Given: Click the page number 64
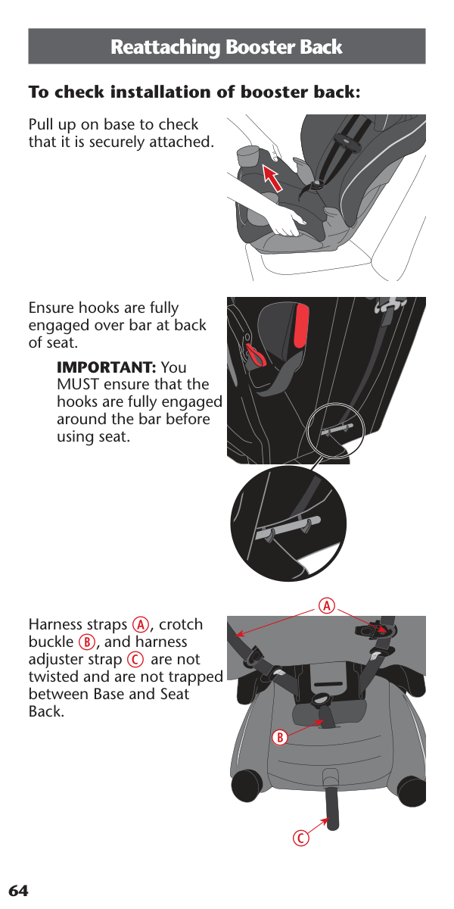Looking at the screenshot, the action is [18, 891].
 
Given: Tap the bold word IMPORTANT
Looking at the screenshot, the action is [107, 367].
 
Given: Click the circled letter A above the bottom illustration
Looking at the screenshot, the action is [327, 606].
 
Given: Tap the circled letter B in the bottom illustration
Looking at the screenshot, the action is [280, 737].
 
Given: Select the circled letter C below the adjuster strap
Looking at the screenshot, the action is [301, 838].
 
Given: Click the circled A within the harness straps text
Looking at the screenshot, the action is [141, 624].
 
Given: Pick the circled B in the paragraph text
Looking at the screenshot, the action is [87, 642].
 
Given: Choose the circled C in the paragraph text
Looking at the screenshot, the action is [135, 660].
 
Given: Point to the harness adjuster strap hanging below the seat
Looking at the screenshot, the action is [332, 808].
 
